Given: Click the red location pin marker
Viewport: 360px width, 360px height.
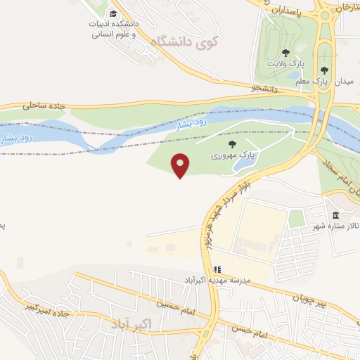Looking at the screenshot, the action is click(181, 165).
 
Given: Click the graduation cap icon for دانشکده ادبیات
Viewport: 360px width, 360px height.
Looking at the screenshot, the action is click(114, 13).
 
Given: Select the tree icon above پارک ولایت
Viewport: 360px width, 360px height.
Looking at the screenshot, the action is click(285, 52).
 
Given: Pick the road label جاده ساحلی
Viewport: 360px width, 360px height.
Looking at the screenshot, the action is click(44, 105).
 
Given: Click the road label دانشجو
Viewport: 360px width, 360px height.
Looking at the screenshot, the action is click(265, 89).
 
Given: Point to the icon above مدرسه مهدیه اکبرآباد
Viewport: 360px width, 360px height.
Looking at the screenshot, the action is click(218, 269).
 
